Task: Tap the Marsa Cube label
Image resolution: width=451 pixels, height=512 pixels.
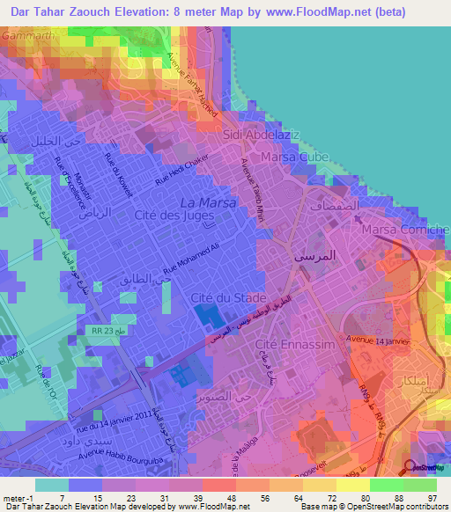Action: pos(285,158)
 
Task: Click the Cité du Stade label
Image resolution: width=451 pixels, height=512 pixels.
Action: pos(223,299)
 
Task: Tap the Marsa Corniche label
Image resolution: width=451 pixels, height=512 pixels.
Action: pos(405,230)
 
